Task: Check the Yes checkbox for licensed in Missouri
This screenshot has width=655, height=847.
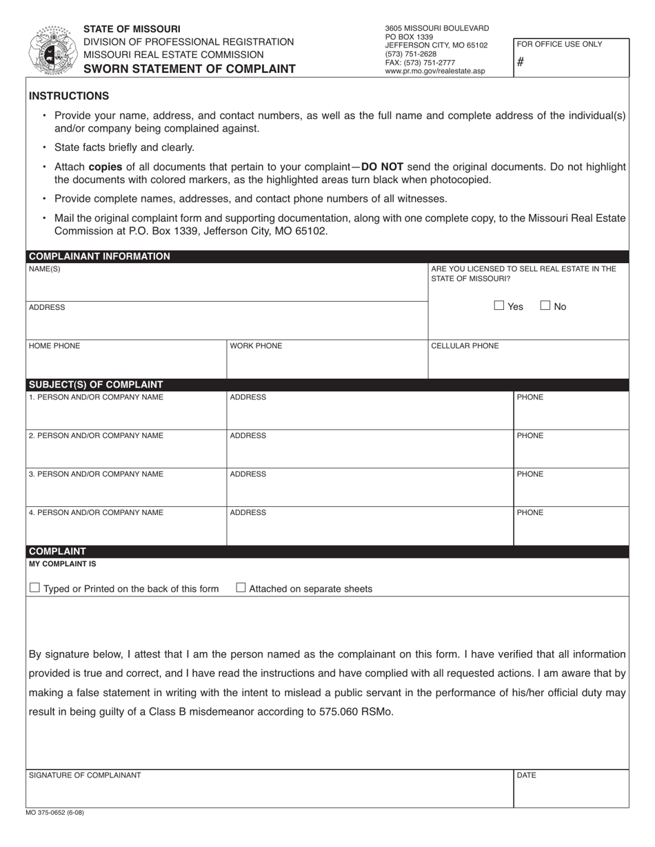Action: coord(499,306)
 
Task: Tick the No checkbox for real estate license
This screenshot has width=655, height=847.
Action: coord(545,306)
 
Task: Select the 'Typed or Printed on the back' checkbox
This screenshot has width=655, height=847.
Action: coord(34,588)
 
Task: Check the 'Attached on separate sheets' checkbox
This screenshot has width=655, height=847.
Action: coord(241,588)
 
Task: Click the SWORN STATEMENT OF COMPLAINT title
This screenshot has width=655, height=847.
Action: coord(190,69)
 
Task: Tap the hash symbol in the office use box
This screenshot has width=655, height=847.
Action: coord(521,62)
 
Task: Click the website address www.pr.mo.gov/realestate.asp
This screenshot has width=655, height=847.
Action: coord(434,71)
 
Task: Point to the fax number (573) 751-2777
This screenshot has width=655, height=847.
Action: coord(420,63)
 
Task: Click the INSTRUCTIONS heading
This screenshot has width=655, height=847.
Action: coord(69,96)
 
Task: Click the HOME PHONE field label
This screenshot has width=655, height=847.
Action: coord(54,346)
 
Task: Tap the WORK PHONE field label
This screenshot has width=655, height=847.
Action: coord(256,346)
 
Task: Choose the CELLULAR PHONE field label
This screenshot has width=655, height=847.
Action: coord(465,346)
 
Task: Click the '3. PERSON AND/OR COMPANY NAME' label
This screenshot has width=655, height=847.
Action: coord(97,474)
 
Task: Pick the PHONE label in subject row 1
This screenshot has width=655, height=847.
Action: coord(530,397)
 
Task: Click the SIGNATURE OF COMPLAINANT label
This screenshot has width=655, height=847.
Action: coord(85,775)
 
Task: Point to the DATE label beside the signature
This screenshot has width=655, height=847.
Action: coord(526,775)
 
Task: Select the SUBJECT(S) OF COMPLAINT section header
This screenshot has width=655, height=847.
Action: coord(96,385)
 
